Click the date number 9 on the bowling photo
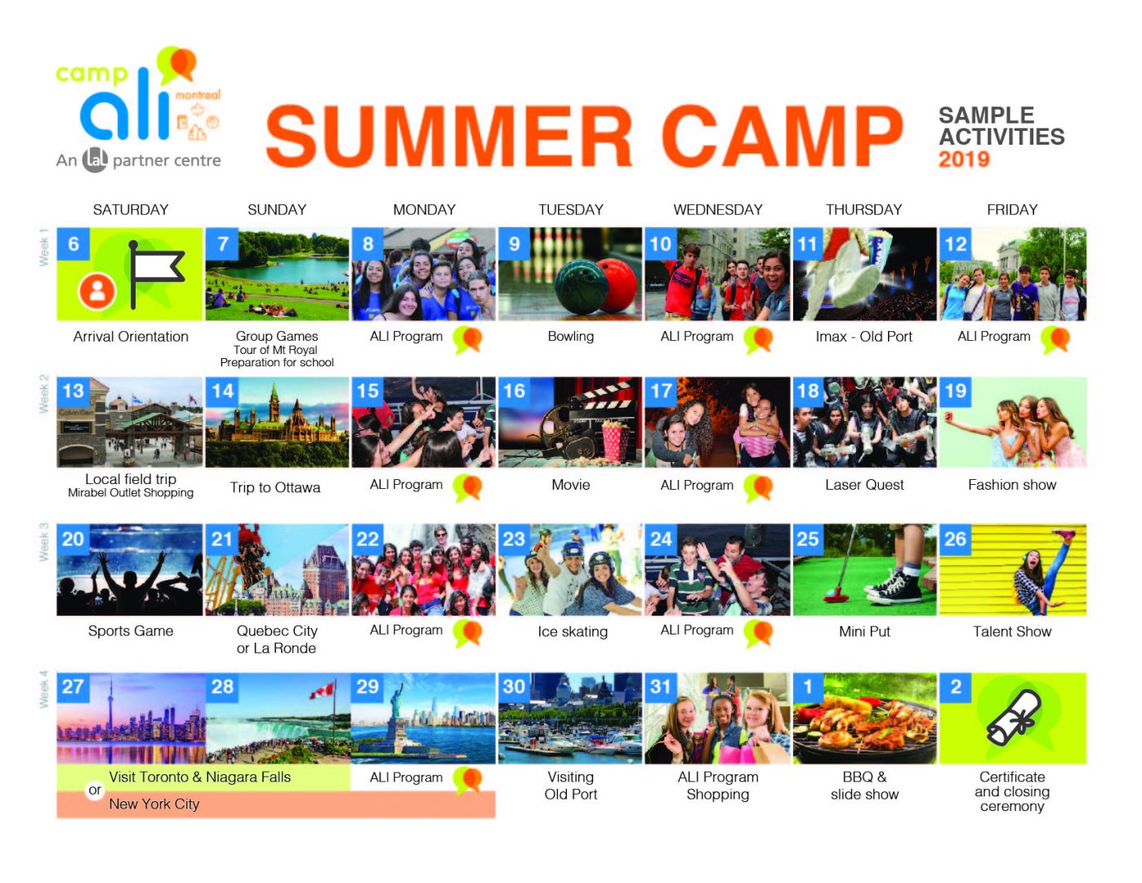[514, 244]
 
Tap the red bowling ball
[619, 283]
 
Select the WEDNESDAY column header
[718, 210]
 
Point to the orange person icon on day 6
[97, 291]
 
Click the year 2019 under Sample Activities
[964, 159]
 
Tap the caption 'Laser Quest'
[864, 485]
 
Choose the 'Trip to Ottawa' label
[274, 487]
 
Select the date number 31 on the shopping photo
[661, 687]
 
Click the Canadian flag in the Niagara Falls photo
[323, 689]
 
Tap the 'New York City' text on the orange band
[154, 805]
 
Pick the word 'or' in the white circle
[95, 790]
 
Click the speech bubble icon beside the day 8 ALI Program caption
[467, 339]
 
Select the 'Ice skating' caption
[573, 632]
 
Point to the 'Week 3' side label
[43, 542]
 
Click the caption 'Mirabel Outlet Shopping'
[131, 493]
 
